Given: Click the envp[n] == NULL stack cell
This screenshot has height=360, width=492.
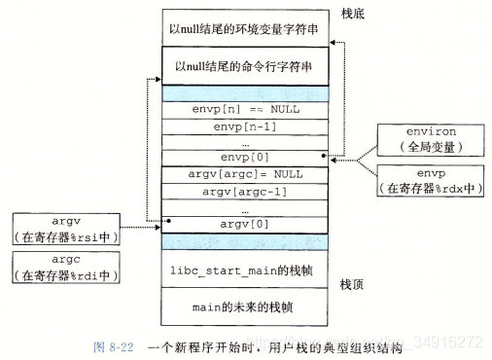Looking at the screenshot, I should coord(245,110).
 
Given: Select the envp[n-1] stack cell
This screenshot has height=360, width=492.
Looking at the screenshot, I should coord(245,126).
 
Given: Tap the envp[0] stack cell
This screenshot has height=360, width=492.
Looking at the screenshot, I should coord(245,158).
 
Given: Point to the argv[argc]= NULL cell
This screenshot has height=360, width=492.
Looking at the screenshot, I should coord(245,174).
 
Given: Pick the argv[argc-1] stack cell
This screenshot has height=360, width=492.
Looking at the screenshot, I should coord(245,191).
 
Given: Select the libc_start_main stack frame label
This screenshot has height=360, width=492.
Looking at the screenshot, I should coord(245,268).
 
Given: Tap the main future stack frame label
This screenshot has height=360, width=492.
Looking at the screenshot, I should coord(245,307).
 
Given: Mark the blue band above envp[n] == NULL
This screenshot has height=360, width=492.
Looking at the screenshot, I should coord(245,93).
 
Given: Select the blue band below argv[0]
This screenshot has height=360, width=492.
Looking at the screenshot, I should coord(245,239).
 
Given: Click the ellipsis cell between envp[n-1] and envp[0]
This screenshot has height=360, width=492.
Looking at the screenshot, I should coord(245,142).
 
